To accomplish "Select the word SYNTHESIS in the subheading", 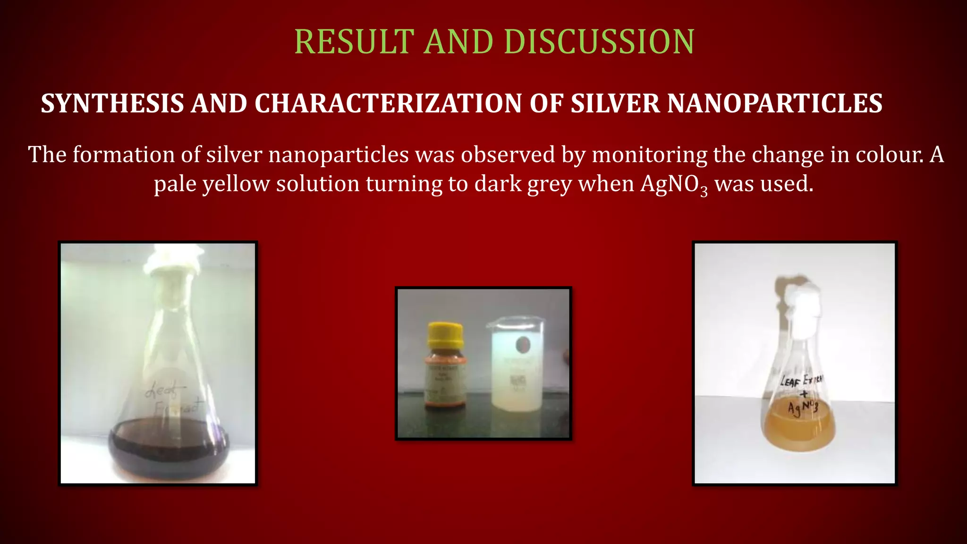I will [x=112, y=103].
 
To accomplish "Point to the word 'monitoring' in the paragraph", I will [x=649, y=155].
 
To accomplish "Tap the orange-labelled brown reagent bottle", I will [x=445, y=378].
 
